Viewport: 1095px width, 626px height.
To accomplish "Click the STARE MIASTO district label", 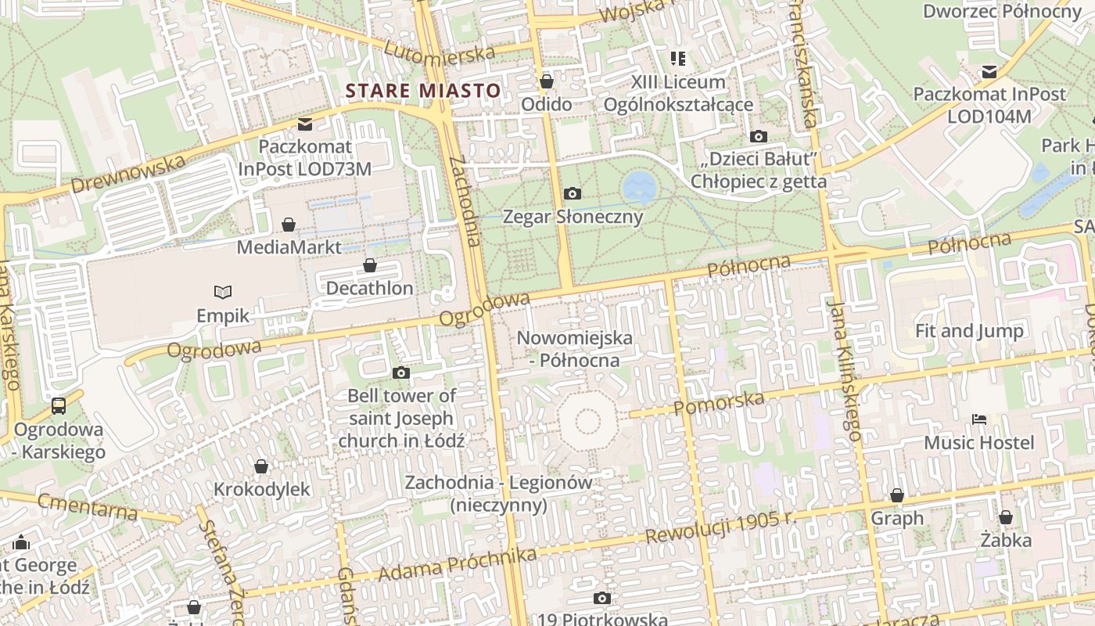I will [x=422, y=91].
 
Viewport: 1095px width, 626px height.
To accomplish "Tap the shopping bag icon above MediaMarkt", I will [x=289, y=225].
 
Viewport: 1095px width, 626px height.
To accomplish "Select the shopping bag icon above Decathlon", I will [x=369, y=266].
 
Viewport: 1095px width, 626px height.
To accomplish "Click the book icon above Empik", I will [x=223, y=293].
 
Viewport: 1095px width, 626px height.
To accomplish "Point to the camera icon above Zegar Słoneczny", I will [x=572, y=193].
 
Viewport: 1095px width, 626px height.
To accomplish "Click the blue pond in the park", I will [x=640, y=187].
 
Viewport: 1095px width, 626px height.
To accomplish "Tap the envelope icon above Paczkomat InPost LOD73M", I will [x=304, y=124].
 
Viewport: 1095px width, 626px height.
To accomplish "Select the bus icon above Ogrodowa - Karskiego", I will [x=59, y=406].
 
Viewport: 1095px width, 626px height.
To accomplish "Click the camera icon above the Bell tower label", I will [x=400, y=372].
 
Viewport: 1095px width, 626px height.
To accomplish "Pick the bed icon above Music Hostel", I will [x=978, y=419].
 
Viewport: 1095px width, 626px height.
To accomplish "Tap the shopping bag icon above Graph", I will [x=896, y=495].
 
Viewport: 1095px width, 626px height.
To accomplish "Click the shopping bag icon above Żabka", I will [x=1005, y=517].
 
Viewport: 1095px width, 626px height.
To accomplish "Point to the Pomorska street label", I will [x=719, y=402].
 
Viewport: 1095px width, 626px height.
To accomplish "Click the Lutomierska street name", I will [x=439, y=50].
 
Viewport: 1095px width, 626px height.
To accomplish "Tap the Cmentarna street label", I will [x=88, y=507].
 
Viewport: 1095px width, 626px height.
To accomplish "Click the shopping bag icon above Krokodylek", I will [x=261, y=466].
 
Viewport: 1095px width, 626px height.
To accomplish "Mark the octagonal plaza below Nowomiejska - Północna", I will [x=587, y=423].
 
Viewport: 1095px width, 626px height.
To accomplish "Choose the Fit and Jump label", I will [x=969, y=331].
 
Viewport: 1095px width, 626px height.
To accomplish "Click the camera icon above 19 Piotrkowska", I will [x=601, y=599].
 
